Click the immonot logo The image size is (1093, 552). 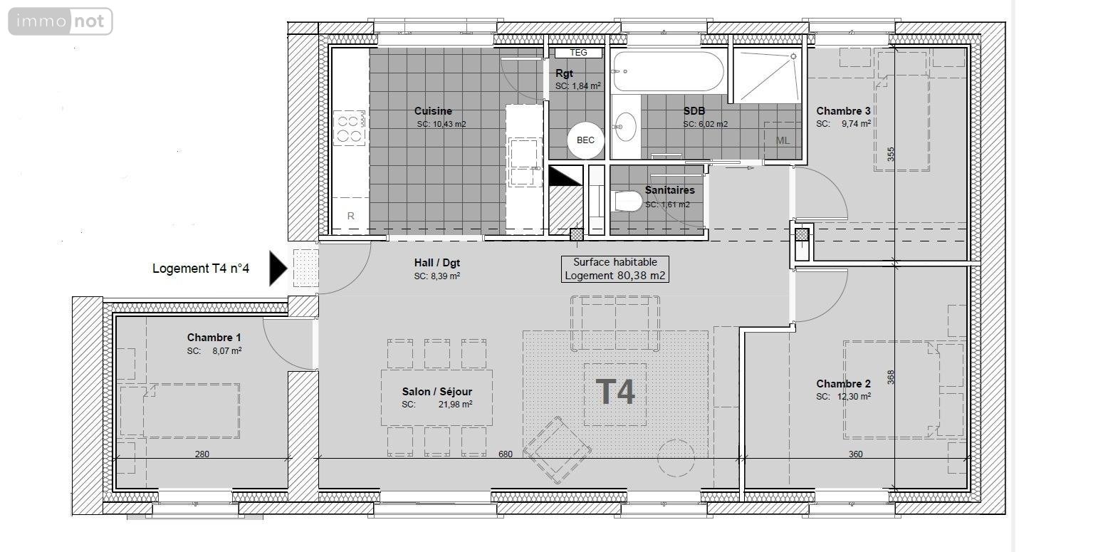(x=61, y=21)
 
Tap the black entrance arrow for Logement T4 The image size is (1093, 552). (x=278, y=269)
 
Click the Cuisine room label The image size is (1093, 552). (x=433, y=111)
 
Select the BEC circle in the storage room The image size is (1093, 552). (x=585, y=140)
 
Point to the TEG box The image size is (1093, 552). (x=578, y=53)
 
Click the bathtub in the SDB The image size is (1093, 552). (x=668, y=71)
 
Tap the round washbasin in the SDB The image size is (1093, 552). (x=626, y=127)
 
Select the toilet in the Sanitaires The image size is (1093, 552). (x=627, y=202)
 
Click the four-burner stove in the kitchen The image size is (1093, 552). (x=350, y=128)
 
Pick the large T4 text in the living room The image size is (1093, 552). (x=615, y=392)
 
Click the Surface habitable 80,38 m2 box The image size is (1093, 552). (x=615, y=269)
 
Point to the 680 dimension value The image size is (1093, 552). (x=506, y=454)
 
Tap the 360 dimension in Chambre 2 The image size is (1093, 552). (x=855, y=454)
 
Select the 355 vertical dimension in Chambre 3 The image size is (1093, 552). (x=891, y=155)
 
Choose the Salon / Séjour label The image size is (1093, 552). (x=436, y=392)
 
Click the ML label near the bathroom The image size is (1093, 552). (x=783, y=140)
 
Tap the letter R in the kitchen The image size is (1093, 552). (x=350, y=216)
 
